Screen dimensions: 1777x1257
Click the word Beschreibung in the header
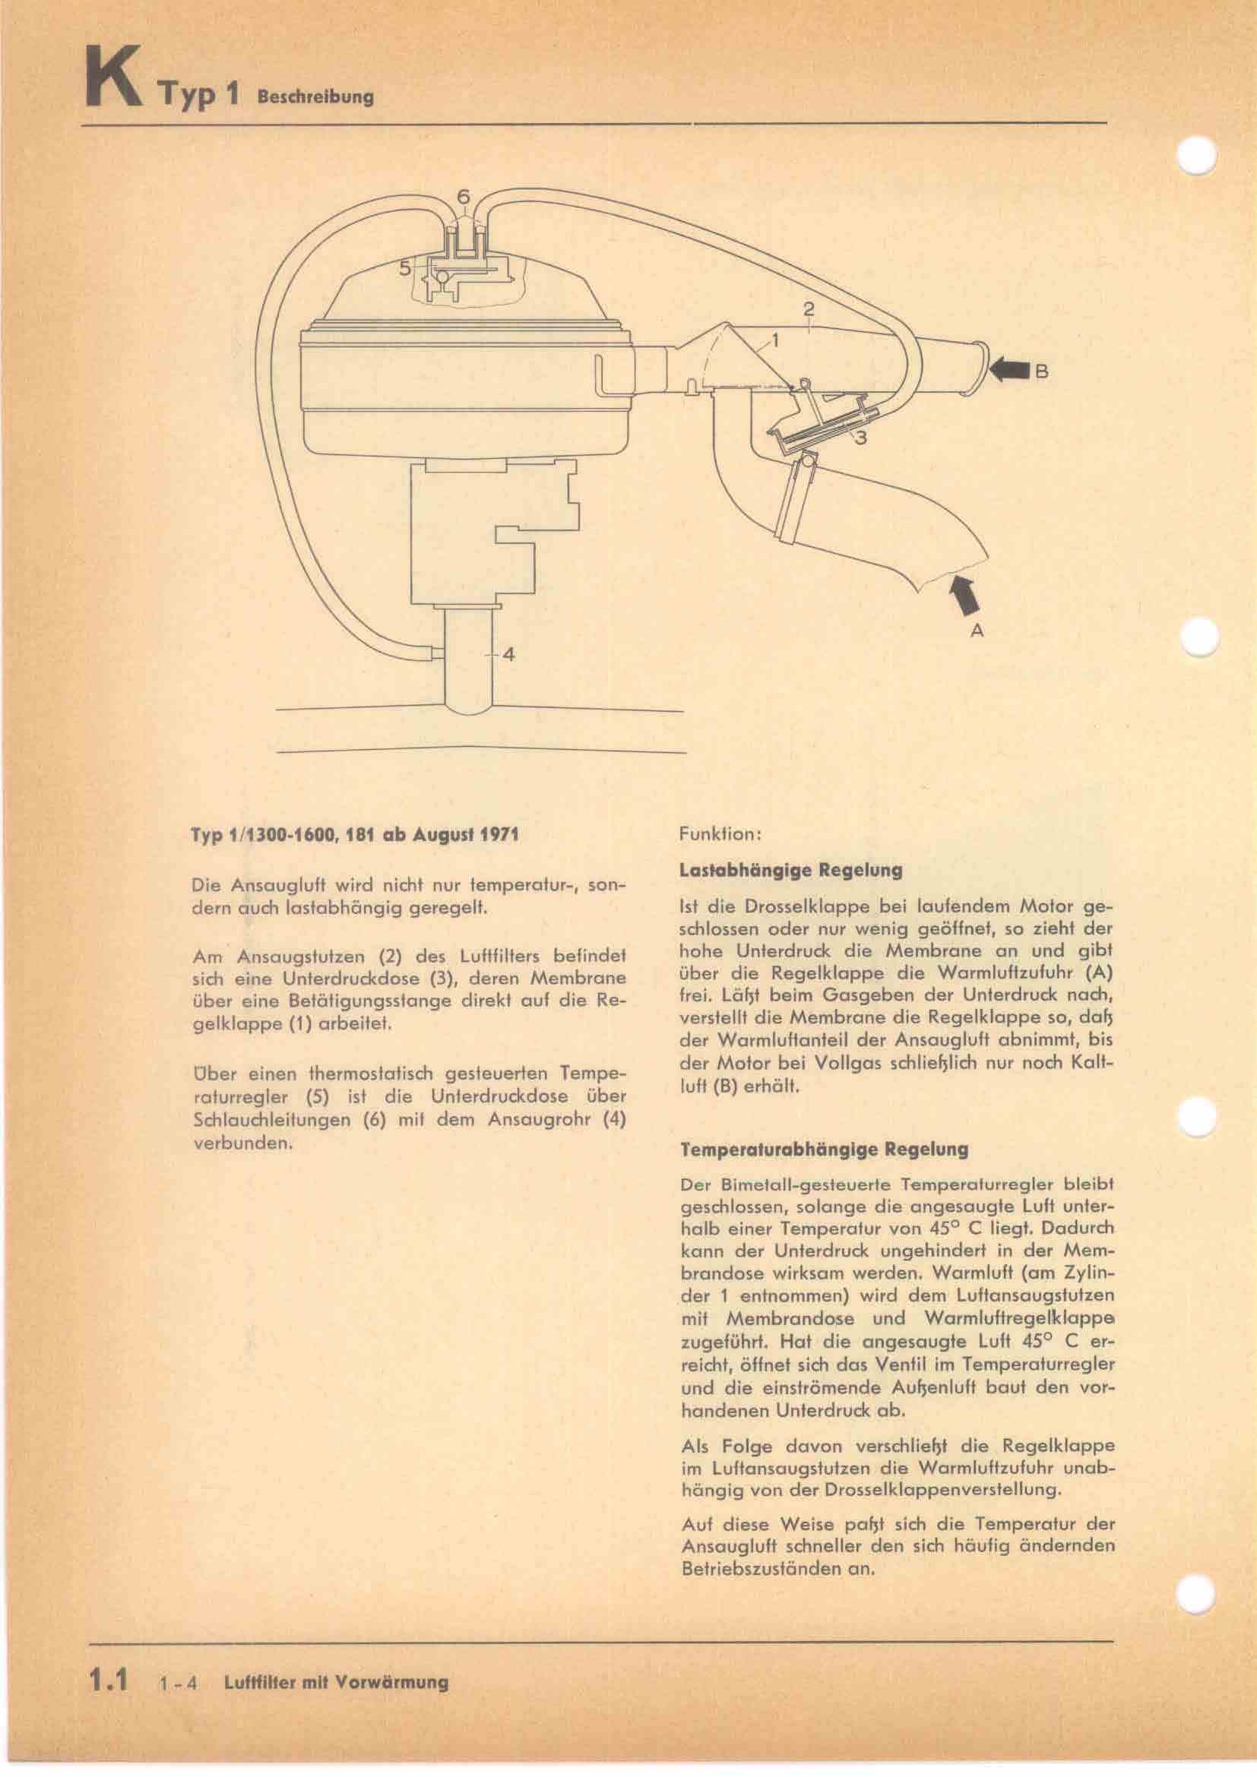(316, 97)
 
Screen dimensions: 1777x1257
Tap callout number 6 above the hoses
(463, 198)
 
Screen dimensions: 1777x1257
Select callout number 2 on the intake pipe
(809, 308)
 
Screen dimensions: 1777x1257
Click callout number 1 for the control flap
(774, 339)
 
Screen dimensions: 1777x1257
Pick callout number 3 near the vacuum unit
(861, 438)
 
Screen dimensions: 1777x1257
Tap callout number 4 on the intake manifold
(508, 654)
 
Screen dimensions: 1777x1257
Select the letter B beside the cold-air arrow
(1042, 372)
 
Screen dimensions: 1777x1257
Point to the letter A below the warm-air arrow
(977, 631)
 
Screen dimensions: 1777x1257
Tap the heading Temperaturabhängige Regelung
(823, 1149)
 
